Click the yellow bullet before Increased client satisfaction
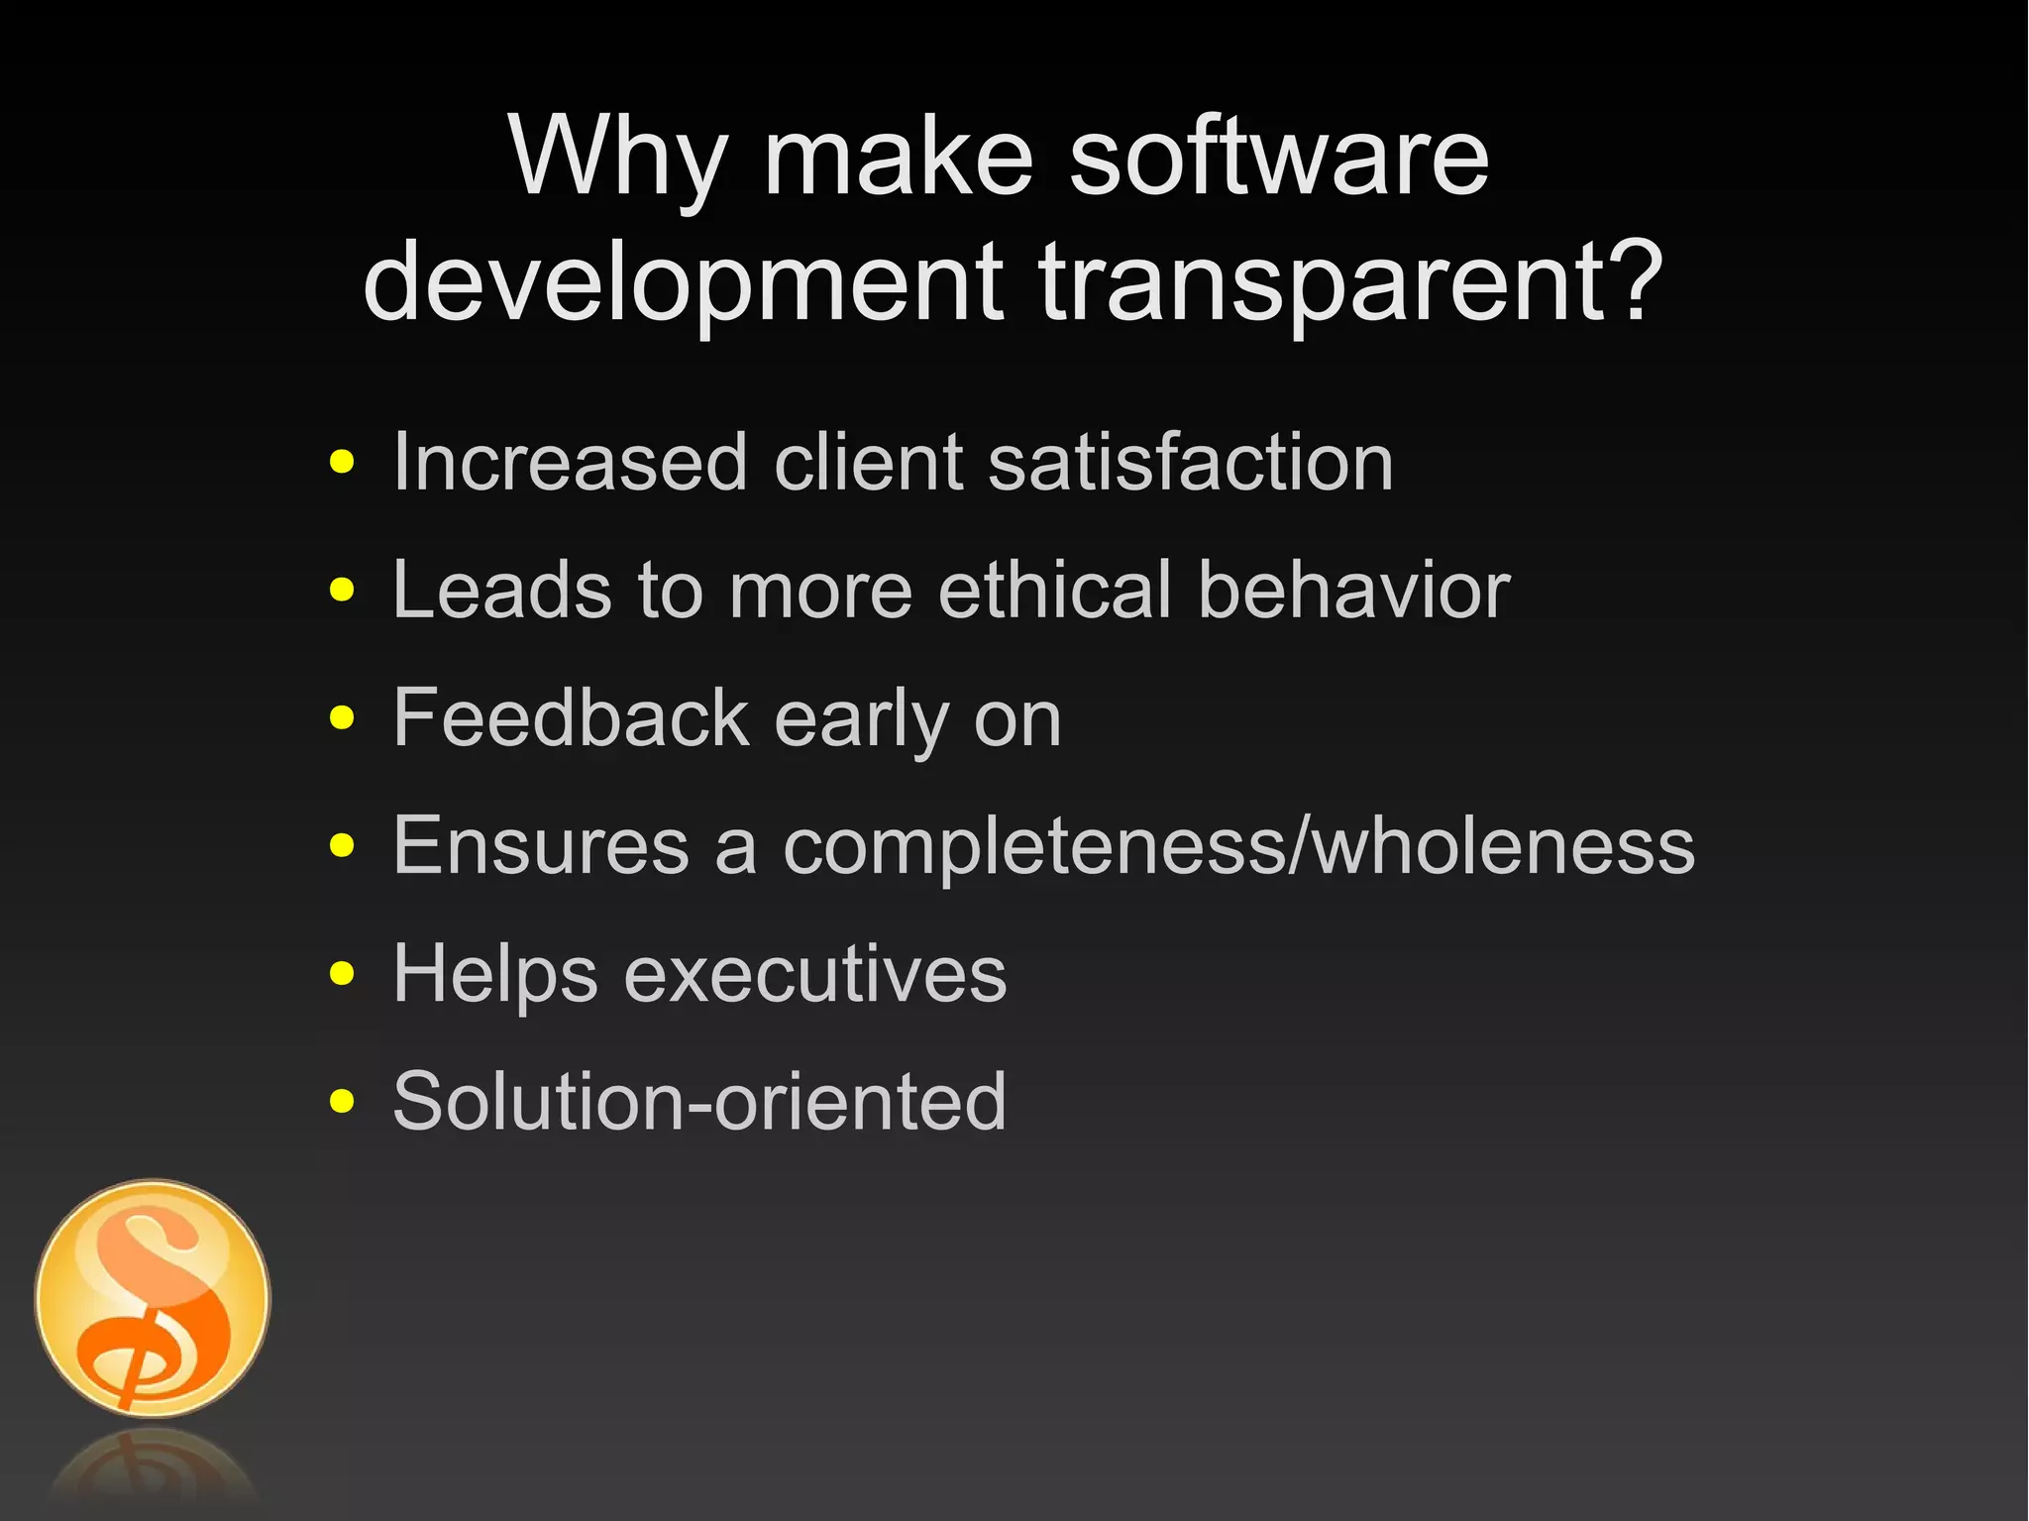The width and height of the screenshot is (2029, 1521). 342,463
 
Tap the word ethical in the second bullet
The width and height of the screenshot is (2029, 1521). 1055,591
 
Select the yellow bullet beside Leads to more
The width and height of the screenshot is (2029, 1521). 342,591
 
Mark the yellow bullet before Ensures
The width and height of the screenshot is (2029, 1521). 342,845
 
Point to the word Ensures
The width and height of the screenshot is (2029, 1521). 541,845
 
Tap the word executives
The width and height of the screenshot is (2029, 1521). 814,974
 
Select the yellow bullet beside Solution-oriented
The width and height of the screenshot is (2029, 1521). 342,1101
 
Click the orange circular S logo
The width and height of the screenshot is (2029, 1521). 153,1298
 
